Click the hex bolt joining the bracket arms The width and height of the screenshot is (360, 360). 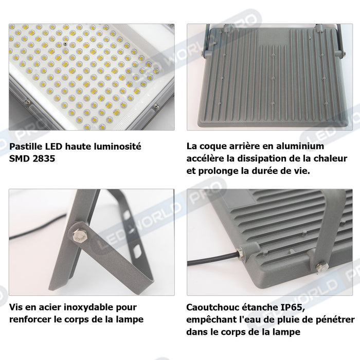[79, 234]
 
